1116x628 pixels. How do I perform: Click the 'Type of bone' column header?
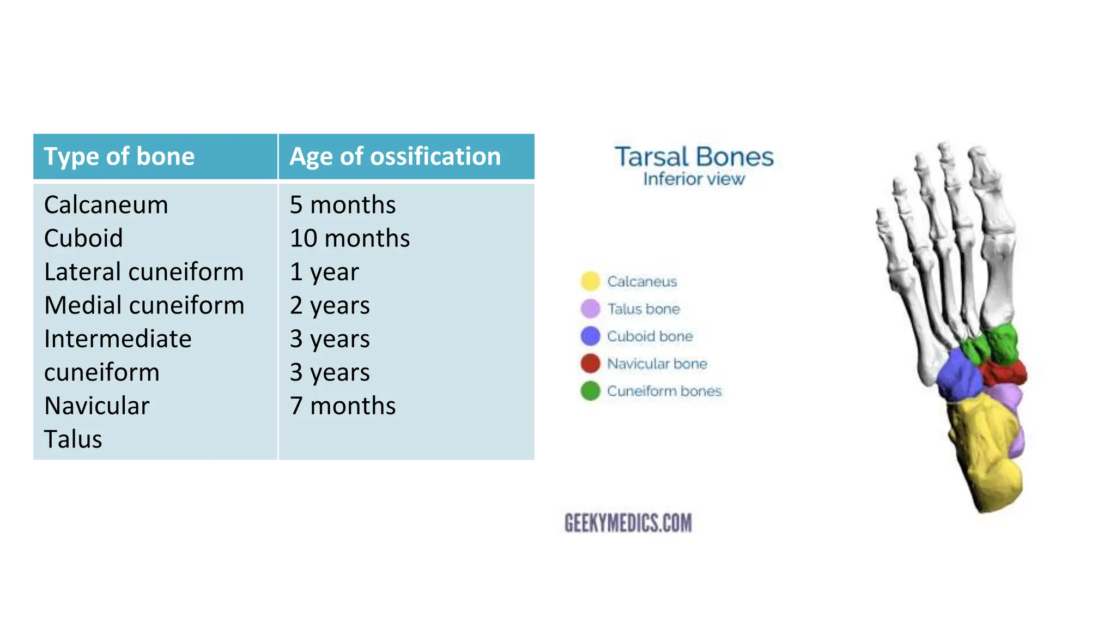pyautogui.click(x=119, y=156)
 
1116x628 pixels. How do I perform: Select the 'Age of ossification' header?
pyautogui.click(x=395, y=156)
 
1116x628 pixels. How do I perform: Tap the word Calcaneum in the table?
pyautogui.click(x=106, y=205)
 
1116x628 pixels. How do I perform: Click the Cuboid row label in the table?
pyautogui.click(x=83, y=238)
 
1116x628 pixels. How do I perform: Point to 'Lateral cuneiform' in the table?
pyautogui.click(x=144, y=272)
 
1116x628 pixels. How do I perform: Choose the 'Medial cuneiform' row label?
pyautogui.click(x=144, y=305)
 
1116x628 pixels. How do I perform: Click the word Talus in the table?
pyautogui.click(x=73, y=439)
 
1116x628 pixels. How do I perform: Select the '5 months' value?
pyautogui.click(x=342, y=205)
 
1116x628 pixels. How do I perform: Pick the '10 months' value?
pyautogui.click(x=349, y=238)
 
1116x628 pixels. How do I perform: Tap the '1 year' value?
pyautogui.click(x=324, y=272)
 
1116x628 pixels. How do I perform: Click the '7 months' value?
pyautogui.click(x=342, y=406)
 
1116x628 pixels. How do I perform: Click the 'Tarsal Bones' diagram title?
pyautogui.click(x=694, y=157)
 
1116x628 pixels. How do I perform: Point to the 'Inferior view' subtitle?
pyautogui.click(x=694, y=179)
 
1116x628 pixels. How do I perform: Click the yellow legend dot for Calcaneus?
pyautogui.click(x=590, y=281)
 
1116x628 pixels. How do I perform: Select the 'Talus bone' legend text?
pyautogui.click(x=644, y=309)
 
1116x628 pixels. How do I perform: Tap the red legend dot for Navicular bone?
pyautogui.click(x=590, y=363)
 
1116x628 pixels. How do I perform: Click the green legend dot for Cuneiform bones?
pyautogui.click(x=590, y=391)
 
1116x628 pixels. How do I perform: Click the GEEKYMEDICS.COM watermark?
pyautogui.click(x=628, y=523)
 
